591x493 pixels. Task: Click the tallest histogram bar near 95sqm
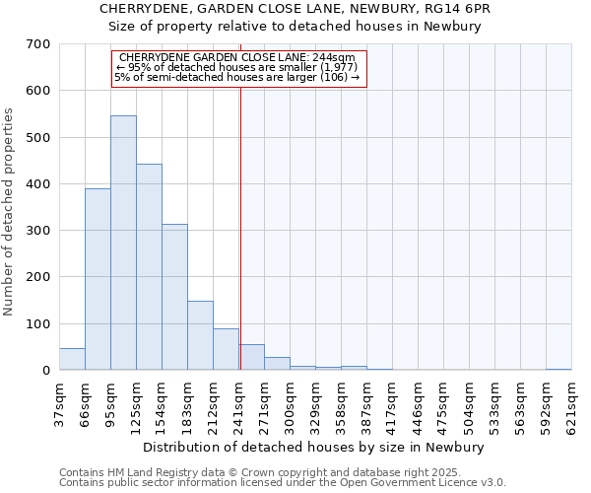tap(123, 243)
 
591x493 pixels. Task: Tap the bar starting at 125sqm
tap(149, 267)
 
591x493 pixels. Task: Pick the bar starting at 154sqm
tap(174, 297)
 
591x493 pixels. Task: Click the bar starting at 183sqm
tap(200, 335)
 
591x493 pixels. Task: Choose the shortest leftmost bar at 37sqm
tap(72, 359)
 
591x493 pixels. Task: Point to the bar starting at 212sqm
tap(226, 349)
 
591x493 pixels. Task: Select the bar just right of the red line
tap(252, 357)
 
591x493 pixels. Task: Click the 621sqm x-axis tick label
tap(571, 404)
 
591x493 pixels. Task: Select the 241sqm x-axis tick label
tap(239, 404)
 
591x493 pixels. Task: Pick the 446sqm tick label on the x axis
tap(418, 404)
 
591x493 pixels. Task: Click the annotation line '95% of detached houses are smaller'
tap(236, 67)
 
